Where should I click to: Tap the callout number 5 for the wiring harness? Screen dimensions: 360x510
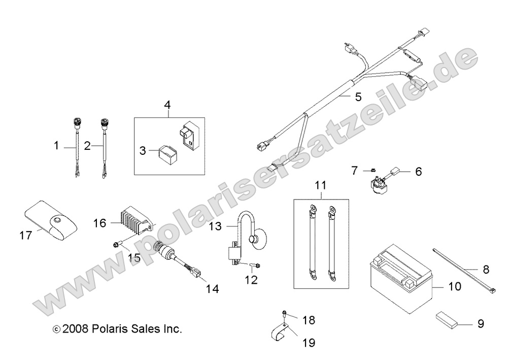click(358, 97)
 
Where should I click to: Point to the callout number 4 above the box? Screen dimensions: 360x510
click(167, 105)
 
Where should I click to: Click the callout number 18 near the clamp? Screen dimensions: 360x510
click(309, 320)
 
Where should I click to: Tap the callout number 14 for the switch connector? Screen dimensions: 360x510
click(212, 289)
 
